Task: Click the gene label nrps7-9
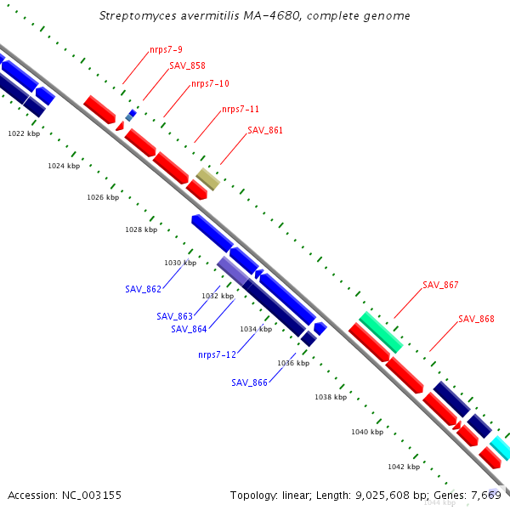point(166,50)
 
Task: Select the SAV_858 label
point(187,65)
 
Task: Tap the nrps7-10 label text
point(210,84)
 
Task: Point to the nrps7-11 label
point(241,110)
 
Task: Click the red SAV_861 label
point(265,130)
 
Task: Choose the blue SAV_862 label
point(143,289)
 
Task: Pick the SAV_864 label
point(189,329)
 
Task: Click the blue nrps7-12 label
point(217,354)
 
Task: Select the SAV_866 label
point(249,382)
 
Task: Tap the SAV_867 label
point(440,285)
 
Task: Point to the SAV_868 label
point(476,319)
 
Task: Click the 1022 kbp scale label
point(24,133)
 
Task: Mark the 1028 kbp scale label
point(141,230)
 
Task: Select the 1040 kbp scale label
point(367,432)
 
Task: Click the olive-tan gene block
point(208,179)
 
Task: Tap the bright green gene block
point(381,332)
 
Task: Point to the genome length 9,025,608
point(382,496)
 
